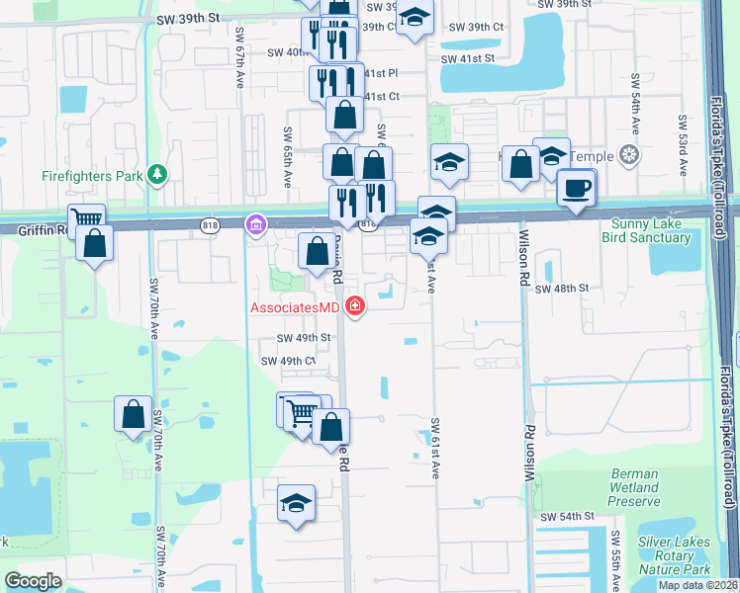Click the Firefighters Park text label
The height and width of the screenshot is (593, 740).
pyautogui.click(x=91, y=176)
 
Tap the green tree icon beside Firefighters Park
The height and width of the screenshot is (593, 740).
pyautogui.click(x=156, y=175)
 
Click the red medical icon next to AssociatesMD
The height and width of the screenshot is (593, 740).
pyautogui.click(x=353, y=307)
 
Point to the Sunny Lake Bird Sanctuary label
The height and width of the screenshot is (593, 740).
pyautogui.click(x=650, y=231)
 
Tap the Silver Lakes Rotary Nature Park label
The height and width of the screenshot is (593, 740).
pyautogui.click(x=675, y=555)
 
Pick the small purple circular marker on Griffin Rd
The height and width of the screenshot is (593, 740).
pyautogui.click(x=256, y=226)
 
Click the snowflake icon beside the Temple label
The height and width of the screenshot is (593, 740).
pyautogui.click(x=627, y=154)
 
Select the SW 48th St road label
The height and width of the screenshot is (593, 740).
pyautogui.click(x=562, y=289)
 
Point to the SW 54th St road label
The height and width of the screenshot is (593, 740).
pyautogui.click(x=567, y=517)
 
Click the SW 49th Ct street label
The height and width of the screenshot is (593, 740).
pyautogui.click(x=288, y=362)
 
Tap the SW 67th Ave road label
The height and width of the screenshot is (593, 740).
pyautogui.click(x=240, y=59)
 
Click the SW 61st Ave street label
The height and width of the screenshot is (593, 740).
pyautogui.click(x=433, y=449)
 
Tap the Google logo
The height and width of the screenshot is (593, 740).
pyautogui.click(x=33, y=581)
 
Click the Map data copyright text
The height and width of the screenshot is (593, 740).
pyautogui.click(x=698, y=585)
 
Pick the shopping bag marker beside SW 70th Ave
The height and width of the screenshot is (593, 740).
pyautogui.click(x=133, y=415)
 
